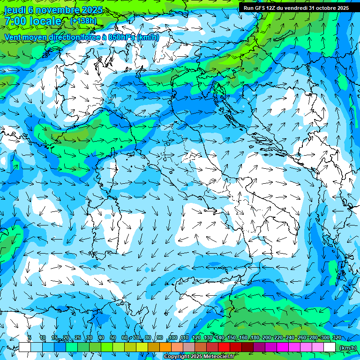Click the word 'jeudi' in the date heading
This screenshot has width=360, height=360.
(x=15, y=10)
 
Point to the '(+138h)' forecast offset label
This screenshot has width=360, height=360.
(x=83, y=21)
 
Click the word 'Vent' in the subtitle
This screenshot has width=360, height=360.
(x=14, y=37)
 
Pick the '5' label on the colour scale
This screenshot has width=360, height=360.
(x=30, y=338)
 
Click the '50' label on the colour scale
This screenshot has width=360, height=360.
(x=112, y=338)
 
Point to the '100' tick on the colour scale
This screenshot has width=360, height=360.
(x=173, y=338)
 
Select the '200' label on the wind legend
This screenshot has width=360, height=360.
(x=267, y=338)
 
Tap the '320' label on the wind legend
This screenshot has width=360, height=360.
(x=337, y=338)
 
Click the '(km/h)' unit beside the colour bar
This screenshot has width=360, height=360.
(x=347, y=347)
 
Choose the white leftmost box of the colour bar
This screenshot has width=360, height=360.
(x=25, y=347)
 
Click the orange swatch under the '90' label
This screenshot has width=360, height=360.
(x=165, y=347)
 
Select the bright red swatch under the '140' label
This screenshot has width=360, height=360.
(x=224, y=347)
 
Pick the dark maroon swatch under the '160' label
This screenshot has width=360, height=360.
(x=247, y=347)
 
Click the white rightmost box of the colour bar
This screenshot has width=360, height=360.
(x=330, y=347)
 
